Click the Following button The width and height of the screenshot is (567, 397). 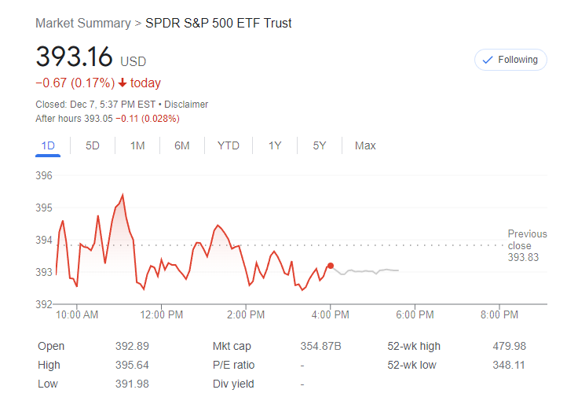(510, 60)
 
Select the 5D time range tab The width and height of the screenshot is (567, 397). (93, 145)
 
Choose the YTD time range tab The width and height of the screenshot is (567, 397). (229, 145)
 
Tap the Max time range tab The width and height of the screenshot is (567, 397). (365, 145)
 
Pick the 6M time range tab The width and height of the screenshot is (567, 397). (182, 145)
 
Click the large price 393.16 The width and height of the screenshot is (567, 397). (75, 57)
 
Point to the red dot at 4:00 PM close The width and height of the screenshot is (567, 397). (331, 266)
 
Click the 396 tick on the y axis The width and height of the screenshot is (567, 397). (44, 175)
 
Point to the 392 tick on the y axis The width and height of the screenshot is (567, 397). (44, 304)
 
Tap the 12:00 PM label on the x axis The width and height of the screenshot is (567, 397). (162, 315)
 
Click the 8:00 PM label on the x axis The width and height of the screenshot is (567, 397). (499, 315)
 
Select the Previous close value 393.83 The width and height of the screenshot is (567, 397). (523, 257)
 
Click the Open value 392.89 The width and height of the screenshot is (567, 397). (132, 346)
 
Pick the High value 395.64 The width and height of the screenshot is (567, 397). (132, 365)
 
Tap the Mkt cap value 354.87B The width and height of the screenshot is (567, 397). (320, 346)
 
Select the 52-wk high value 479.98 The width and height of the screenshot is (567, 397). (510, 346)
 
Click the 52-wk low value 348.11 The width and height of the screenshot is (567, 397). (510, 365)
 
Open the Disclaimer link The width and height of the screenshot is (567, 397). (186, 105)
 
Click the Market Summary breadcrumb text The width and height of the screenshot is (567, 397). (83, 23)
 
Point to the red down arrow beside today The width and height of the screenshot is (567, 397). (123, 83)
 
